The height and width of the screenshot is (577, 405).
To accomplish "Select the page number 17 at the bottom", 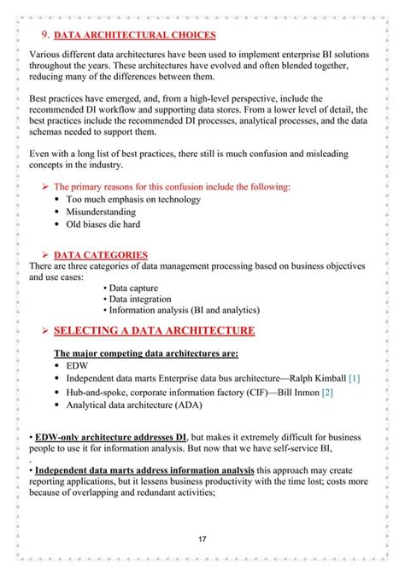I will (202, 539).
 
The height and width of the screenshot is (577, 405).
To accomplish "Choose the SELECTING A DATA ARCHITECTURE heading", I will (154, 330).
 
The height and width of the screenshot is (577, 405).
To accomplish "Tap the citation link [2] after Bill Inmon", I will (327, 392).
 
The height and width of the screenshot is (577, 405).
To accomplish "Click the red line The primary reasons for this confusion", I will (172, 186).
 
